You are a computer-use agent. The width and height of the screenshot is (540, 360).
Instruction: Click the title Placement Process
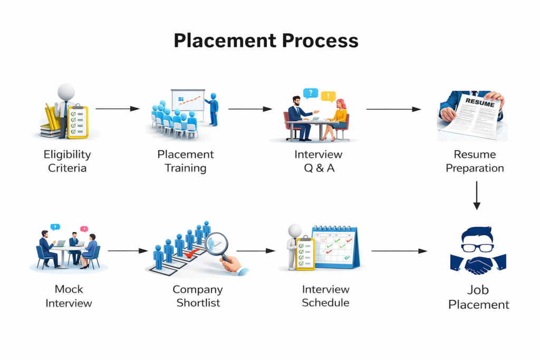pyautogui.click(x=266, y=41)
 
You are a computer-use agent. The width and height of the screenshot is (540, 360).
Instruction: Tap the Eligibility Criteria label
pyautogui.click(x=67, y=161)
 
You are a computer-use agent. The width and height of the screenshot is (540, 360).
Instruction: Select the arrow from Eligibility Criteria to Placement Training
pyautogui.click(x=117, y=109)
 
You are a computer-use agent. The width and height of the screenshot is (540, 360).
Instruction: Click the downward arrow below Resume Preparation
pyautogui.click(x=477, y=195)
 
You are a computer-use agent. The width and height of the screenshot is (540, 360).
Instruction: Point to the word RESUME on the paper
pyautogui.click(x=480, y=103)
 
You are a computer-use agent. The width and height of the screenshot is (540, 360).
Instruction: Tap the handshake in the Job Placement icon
pyautogui.click(x=478, y=264)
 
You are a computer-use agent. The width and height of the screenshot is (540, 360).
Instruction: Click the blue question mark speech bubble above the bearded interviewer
pyautogui.click(x=311, y=94)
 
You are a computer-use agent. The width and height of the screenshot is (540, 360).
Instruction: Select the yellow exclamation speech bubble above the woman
pyautogui.click(x=328, y=96)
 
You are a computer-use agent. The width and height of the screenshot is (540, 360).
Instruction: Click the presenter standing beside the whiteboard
pyautogui.click(x=213, y=110)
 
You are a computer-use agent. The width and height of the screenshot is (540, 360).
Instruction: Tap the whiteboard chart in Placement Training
pyautogui.click(x=188, y=100)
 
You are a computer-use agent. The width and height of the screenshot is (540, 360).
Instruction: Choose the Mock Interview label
pyautogui.click(x=69, y=296)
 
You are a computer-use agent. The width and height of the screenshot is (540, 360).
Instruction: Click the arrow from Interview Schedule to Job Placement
pyautogui.click(x=399, y=251)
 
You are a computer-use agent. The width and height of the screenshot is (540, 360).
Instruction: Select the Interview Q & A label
pyautogui.click(x=318, y=161)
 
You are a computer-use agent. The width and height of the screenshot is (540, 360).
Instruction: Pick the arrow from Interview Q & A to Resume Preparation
pyautogui.click(x=393, y=110)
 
